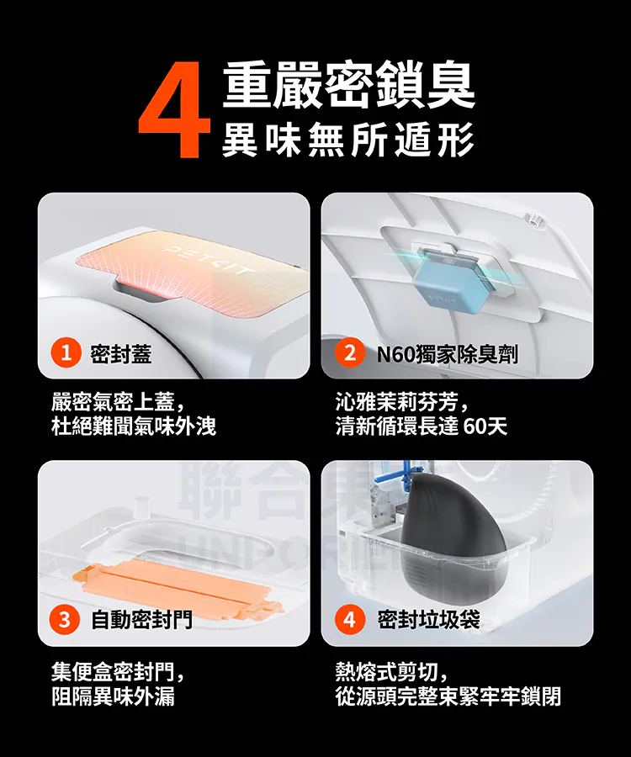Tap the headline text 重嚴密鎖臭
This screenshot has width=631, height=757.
coord(348,87)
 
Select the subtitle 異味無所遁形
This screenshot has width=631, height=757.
coord(347,139)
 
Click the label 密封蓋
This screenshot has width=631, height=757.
coord(120,355)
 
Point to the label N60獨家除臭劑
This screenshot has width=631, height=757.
coord(446,355)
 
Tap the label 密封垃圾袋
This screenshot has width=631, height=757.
coord(428,621)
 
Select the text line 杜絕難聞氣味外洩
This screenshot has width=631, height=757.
coord(134,426)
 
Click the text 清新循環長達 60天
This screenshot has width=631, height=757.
coord(421,426)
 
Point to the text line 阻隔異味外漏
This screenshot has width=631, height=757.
coord(114,696)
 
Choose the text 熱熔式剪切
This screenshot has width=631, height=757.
coord(391,671)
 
